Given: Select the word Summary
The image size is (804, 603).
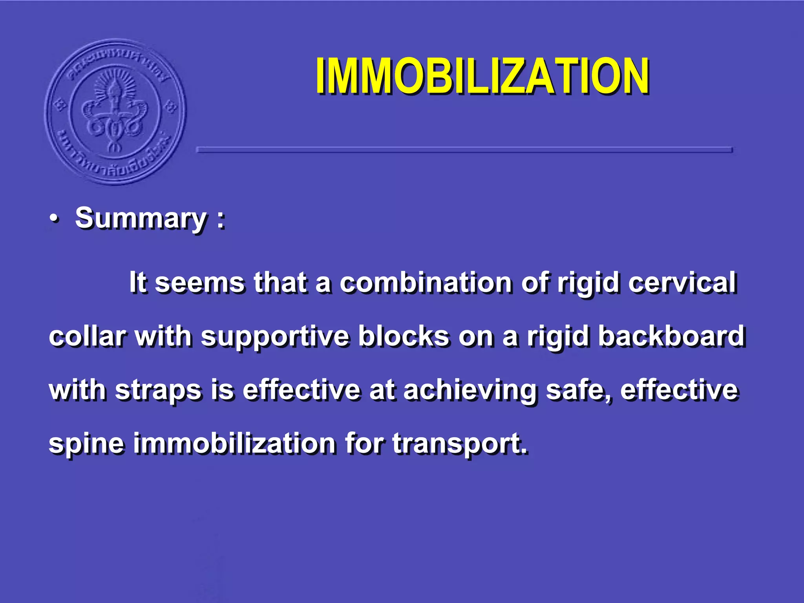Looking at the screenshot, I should pyautogui.click(x=141, y=218).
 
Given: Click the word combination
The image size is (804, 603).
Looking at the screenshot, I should pyautogui.click(x=426, y=283).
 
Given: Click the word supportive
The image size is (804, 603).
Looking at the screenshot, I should pyautogui.click(x=275, y=337).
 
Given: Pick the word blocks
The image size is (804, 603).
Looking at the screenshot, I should pyautogui.click(x=404, y=336).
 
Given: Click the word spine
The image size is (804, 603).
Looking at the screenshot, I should pyautogui.click(x=86, y=444).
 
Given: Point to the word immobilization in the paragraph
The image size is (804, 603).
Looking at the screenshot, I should pyautogui.click(x=234, y=443).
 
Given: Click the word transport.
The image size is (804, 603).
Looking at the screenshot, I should pyautogui.click(x=459, y=444).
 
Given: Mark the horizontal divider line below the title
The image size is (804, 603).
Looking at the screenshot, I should pyautogui.click(x=464, y=150).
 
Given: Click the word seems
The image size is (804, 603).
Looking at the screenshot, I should pyautogui.click(x=199, y=283).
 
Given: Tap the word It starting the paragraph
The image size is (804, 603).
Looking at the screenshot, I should pyautogui.click(x=138, y=283).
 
